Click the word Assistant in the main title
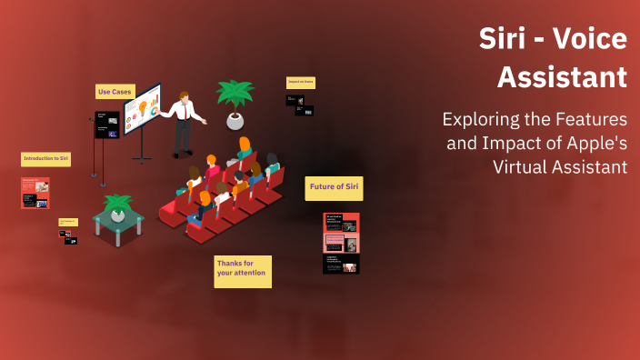(562, 77)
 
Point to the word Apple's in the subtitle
(596, 143)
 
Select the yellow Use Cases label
(115, 92)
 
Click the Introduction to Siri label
(45, 159)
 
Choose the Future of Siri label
(334, 188)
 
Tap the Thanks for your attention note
(242, 268)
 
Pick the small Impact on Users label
(300, 82)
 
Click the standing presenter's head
(184, 96)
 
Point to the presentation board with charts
(143, 110)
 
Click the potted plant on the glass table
(117, 206)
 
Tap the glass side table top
(118, 219)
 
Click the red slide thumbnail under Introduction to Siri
(35, 193)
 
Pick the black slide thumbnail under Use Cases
(107, 125)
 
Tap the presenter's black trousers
(184, 137)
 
